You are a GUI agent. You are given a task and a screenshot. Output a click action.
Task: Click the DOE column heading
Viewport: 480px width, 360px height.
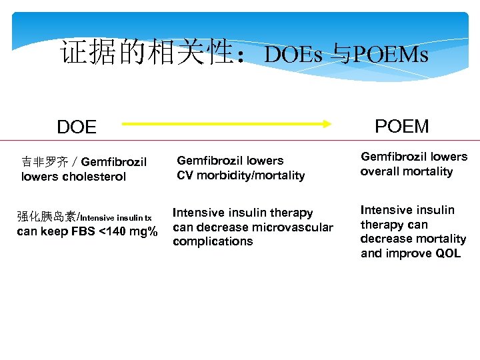coord(77,127)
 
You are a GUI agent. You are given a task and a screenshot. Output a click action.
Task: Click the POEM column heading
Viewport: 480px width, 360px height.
coord(402,126)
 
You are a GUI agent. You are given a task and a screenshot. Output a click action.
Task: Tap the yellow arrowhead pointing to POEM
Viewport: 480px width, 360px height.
coord(327,123)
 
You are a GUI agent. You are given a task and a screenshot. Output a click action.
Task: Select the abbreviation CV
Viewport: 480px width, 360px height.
coord(185,175)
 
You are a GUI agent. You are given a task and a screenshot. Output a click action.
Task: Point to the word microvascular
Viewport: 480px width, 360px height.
coord(292,227)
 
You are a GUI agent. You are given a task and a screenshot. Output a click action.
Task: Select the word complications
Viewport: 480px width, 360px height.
coord(213,241)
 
